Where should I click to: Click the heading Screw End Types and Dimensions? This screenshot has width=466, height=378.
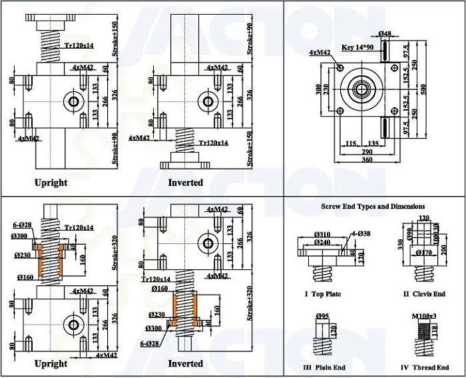click(x=373, y=207)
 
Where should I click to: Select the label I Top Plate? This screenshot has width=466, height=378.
click(x=323, y=294)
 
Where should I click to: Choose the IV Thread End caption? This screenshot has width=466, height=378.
click(x=424, y=367)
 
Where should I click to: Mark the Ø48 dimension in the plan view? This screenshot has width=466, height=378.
click(x=385, y=33)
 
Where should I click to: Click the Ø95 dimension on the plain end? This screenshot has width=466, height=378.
click(x=323, y=315)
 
